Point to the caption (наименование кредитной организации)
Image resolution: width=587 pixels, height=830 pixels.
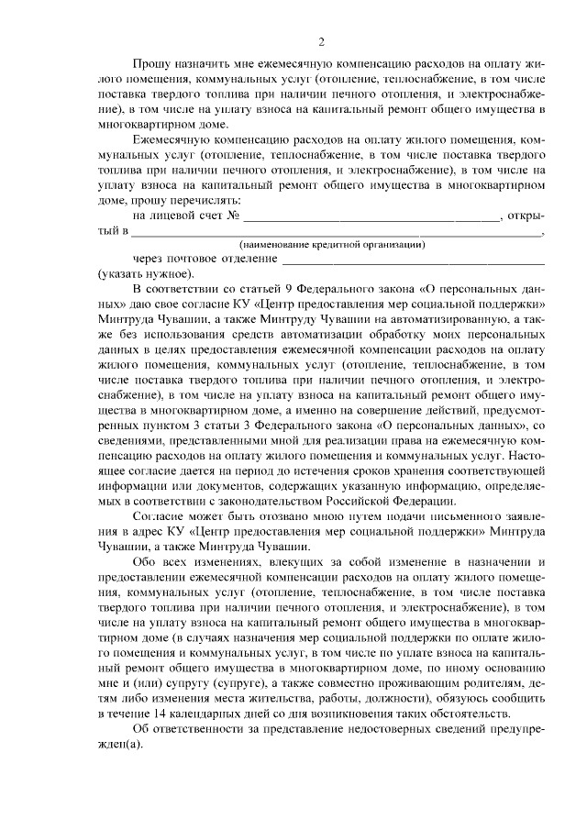pyautogui.click(x=331, y=245)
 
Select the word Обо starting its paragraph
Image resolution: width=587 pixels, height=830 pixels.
pyautogui.click(x=145, y=561)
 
